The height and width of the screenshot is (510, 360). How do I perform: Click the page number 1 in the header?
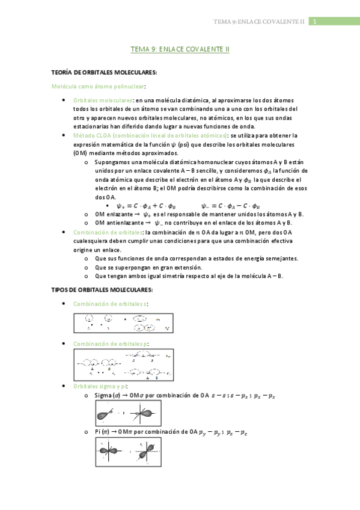(313, 22)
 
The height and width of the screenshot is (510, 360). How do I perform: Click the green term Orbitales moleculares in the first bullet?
(103, 100)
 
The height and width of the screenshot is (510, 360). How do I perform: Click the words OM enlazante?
(113, 214)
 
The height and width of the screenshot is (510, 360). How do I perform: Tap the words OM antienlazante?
(117, 223)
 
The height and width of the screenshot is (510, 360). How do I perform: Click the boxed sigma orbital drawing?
(129, 413)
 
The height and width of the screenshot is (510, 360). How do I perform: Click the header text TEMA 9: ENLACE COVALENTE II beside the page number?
(260, 22)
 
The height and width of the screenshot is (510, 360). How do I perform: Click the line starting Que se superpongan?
(148, 267)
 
